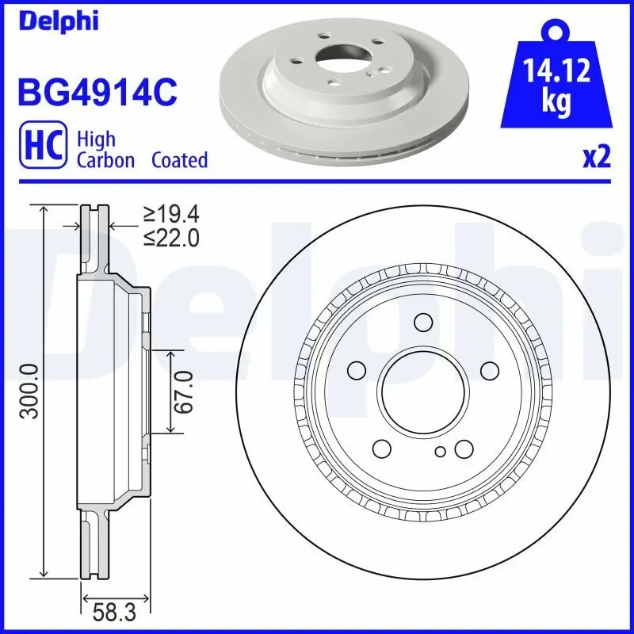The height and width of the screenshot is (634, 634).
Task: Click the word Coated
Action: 180,160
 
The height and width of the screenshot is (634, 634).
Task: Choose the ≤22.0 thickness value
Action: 170,237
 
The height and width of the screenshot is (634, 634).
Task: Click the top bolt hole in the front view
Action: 422,321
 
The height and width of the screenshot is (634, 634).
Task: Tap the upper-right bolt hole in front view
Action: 489,369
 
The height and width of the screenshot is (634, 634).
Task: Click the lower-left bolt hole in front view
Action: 381,449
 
